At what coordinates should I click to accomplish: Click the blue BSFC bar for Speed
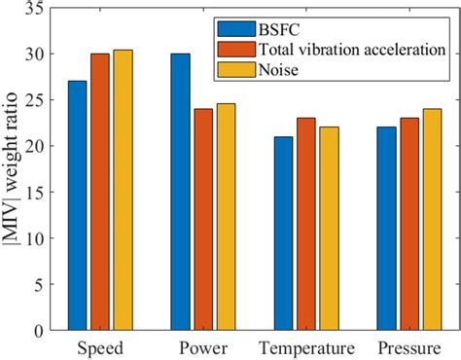tap(77, 205)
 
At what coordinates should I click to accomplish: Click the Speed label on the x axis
tap(99, 347)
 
